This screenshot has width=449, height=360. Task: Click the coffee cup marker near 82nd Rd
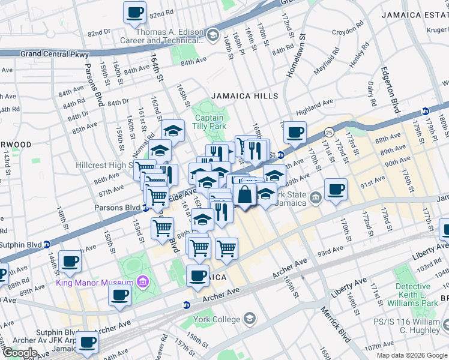tap(135, 13)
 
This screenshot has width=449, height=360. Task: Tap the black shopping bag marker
tap(245, 195)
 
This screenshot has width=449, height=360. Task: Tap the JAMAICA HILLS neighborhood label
tap(244, 96)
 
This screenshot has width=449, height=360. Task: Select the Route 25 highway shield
tap(329, 131)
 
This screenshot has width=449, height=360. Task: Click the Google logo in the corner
tap(20, 353)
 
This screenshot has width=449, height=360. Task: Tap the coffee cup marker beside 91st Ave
tap(336, 190)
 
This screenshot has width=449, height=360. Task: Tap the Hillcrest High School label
tap(107, 165)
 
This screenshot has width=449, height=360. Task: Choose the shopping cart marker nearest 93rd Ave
tap(226, 248)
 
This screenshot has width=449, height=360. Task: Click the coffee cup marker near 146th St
tap(70, 262)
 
